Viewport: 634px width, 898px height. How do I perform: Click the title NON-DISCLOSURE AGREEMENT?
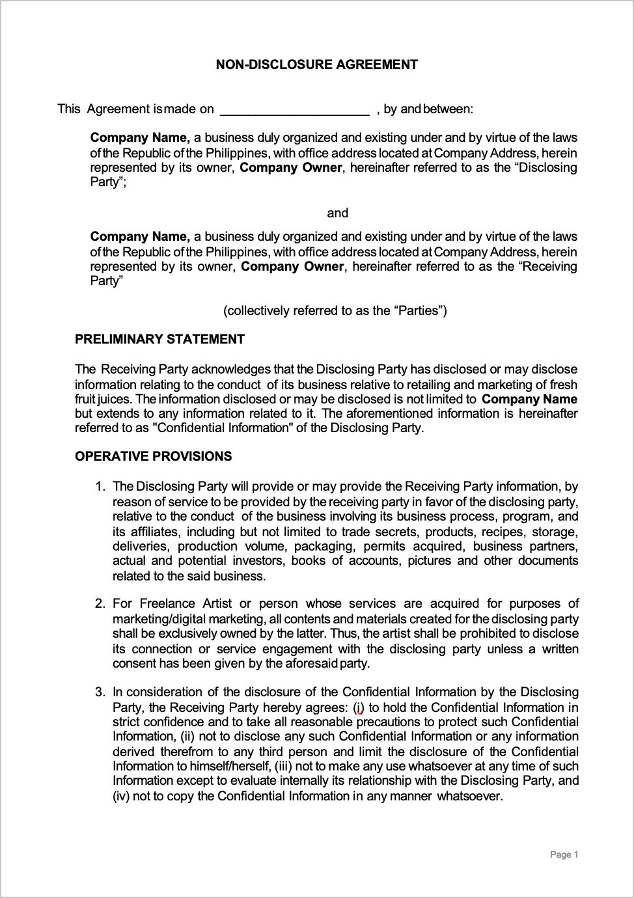[316, 64]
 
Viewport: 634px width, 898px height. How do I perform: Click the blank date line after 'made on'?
[294, 109]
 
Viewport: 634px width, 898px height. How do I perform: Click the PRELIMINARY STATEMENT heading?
[159, 339]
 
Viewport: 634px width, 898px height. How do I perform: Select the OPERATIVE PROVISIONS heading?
[153, 456]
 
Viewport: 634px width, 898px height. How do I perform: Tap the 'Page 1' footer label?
[564, 854]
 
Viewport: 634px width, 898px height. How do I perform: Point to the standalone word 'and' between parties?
[337, 213]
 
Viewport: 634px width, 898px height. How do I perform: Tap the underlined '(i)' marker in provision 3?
[359, 708]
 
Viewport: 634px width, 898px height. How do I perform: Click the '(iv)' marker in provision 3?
[122, 796]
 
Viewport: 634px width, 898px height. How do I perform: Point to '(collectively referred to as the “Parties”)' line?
[335, 310]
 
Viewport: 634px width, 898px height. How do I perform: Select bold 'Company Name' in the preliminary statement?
[529, 400]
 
